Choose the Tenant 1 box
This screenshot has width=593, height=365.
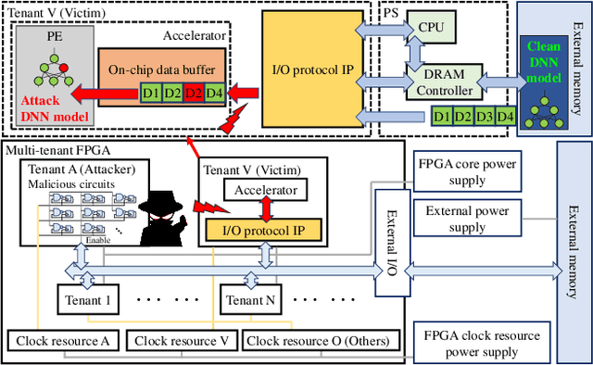pos(89,301)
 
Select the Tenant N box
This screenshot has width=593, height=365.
pos(251,301)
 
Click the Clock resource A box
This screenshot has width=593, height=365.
pos(63,341)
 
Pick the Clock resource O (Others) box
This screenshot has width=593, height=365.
pos(309,341)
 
